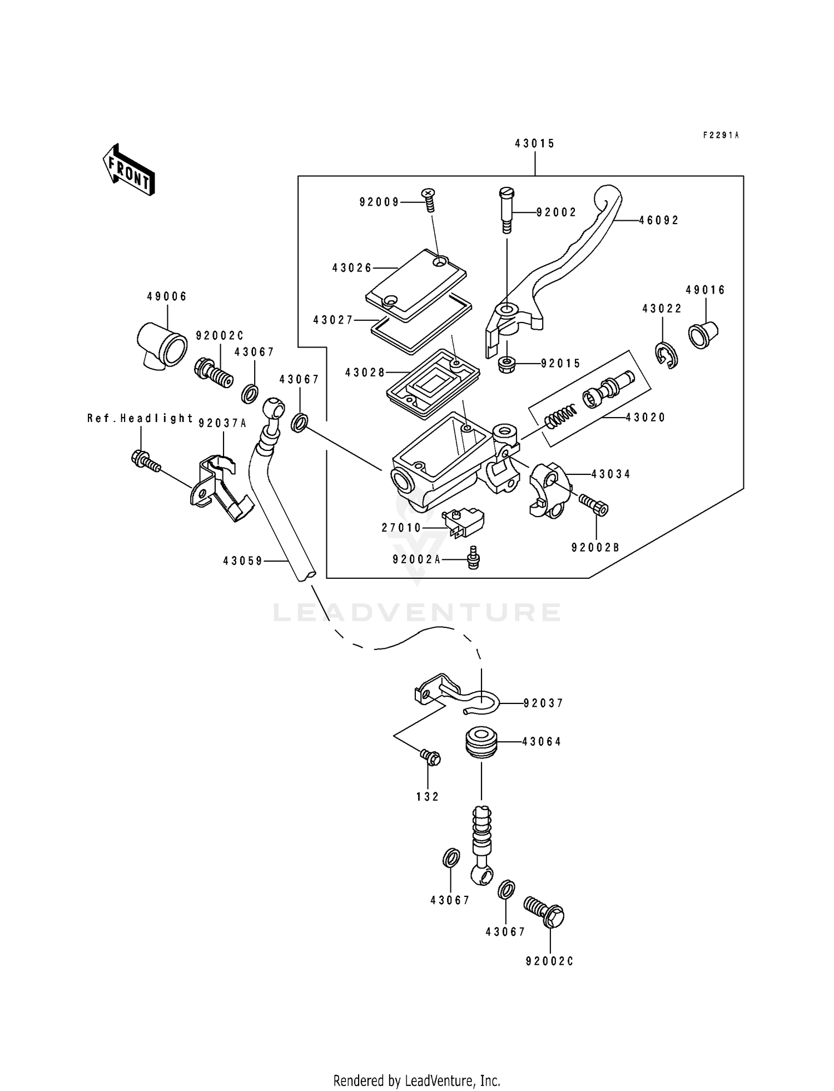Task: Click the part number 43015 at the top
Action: (534, 143)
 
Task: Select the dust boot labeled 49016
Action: (703, 334)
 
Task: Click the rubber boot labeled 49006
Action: (161, 344)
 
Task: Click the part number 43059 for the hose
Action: (242, 562)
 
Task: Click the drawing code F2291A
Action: (721, 135)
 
